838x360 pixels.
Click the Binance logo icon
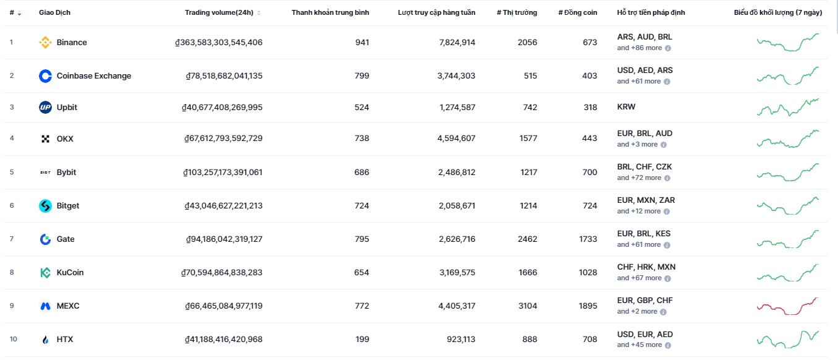click(45, 42)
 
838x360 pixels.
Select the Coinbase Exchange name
click(94, 75)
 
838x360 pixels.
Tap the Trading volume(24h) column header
click(219, 12)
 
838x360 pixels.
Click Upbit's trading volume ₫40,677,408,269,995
click(222, 108)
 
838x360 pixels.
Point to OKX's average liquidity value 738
click(362, 139)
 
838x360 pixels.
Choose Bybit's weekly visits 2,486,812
click(457, 172)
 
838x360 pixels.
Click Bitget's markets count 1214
click(528, 205)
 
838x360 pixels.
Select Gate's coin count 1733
click(588, 239)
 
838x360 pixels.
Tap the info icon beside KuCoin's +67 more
click(668, 278)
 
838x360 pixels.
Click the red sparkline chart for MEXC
click(788, 306)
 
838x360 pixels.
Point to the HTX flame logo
click(45, 340)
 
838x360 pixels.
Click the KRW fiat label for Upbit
click(626, 106)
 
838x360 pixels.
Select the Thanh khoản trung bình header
click(330, 12)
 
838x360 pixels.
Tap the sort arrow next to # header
click(19, 13)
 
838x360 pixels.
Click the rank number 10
click(14, 339)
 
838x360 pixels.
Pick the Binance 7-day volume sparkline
click(788, 42)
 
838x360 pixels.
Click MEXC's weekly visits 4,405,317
click(457, 306)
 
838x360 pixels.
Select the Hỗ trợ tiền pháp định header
click(651, 12)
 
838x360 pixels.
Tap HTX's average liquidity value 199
click(362, 339)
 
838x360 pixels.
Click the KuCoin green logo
click(45, 273)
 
